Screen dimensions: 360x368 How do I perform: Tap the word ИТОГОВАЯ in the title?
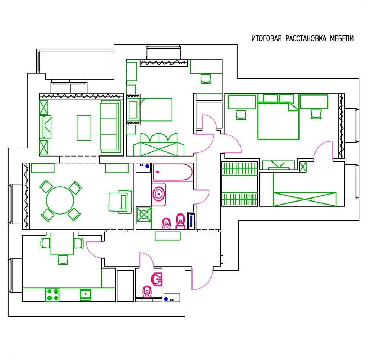(267, 39)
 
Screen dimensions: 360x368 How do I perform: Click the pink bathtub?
(172, 172)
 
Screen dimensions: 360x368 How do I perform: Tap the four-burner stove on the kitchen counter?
(52, 295)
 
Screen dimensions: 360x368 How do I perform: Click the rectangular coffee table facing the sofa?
(84, 128)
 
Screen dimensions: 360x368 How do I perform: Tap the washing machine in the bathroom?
(143, 214)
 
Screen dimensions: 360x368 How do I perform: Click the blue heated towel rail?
(192, 221)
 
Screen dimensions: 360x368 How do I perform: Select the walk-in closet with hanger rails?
(239, 184)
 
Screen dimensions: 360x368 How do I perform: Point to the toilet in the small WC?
(147, 291)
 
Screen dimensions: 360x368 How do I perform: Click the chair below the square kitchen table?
(63, 260)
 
